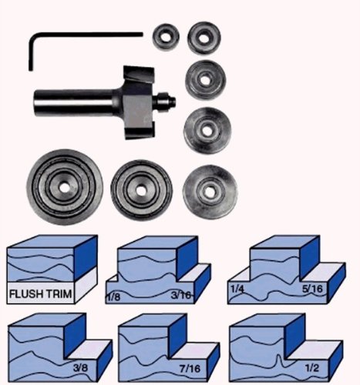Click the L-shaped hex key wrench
tap(85, 35)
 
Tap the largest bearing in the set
tap(65, 187)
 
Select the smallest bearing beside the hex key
tap(166, 37)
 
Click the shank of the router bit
tap(75, 100)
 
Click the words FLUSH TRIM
tap(40, 293)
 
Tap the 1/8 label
tap(113, 298)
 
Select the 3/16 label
tap(181, 296)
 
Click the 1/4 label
tap(237, 289)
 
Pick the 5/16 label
tap(312, 289)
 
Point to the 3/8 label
tap(80, 368)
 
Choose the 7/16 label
tap(190, 369)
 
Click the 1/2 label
tap(312, 368)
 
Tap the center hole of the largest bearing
tap(65, 188)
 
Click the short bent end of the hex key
tap(31, 53)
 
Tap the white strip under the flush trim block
tap(40, 293)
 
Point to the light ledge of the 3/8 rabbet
tap(88, 349)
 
